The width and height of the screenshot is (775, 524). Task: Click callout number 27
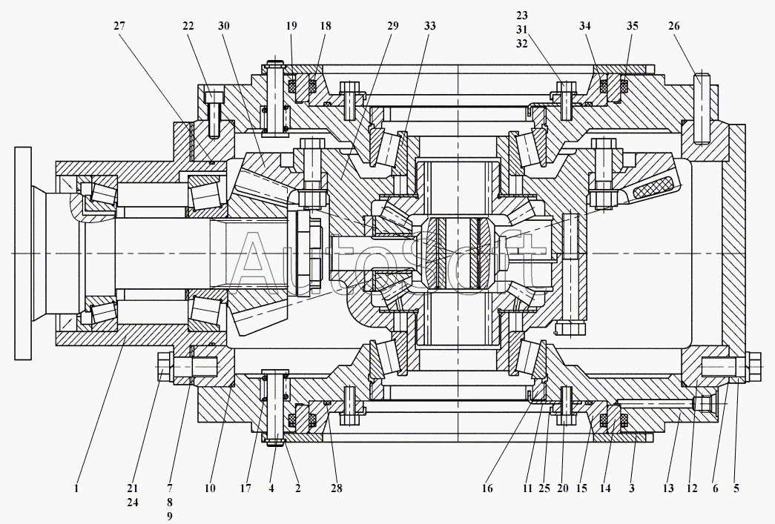point(120,26)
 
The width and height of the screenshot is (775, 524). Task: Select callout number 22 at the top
point(189,26)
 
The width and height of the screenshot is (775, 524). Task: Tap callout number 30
point(224,26)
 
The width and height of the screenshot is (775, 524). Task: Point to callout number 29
point(392,26)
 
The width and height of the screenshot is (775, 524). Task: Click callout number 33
point(430,26)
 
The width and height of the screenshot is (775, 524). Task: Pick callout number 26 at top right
point(673,26)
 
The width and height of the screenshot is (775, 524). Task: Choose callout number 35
point(632,26)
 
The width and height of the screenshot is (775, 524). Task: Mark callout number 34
point(586,26)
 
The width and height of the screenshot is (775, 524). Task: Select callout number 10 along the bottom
point(211,488)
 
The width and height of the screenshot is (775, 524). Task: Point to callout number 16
point(487,488)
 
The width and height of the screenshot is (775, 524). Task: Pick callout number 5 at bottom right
point(736,488)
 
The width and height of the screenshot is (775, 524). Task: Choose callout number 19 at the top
point(291,26)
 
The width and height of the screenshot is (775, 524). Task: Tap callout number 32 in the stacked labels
point(522,43)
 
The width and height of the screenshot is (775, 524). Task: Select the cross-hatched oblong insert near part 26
point(653,182)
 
